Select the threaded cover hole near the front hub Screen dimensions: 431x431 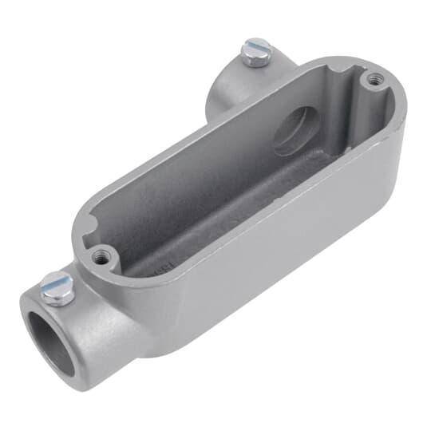[x=100, y=258]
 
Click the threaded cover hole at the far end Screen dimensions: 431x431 [x=372, y=78]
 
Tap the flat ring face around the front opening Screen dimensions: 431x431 [x=32, y=319]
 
